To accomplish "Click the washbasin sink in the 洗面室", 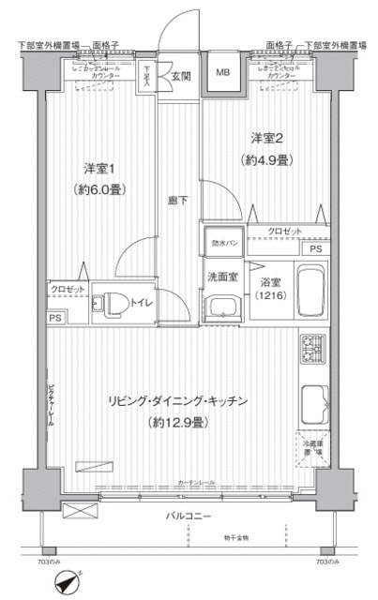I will pos(220,309).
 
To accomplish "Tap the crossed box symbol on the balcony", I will pos(81,511).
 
